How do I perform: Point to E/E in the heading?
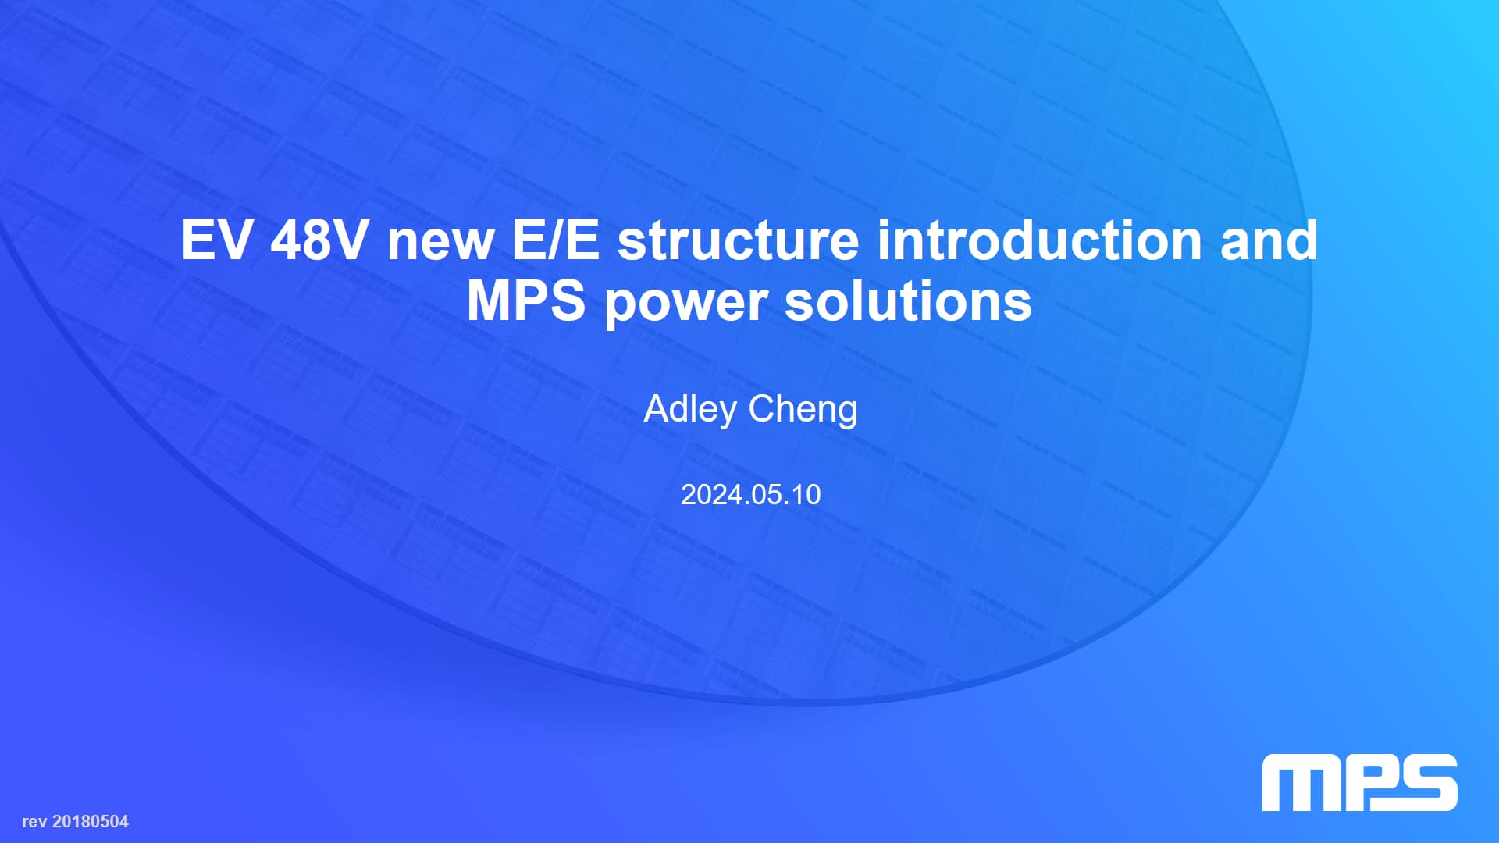556,240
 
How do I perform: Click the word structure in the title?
739,241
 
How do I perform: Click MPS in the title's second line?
526,301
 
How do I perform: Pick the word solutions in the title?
908,301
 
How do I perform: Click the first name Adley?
690,410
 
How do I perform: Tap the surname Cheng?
803,410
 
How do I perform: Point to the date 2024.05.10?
750,495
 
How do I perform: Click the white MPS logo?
1360,782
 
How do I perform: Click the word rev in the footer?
34,822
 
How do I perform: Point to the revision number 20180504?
91,821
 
